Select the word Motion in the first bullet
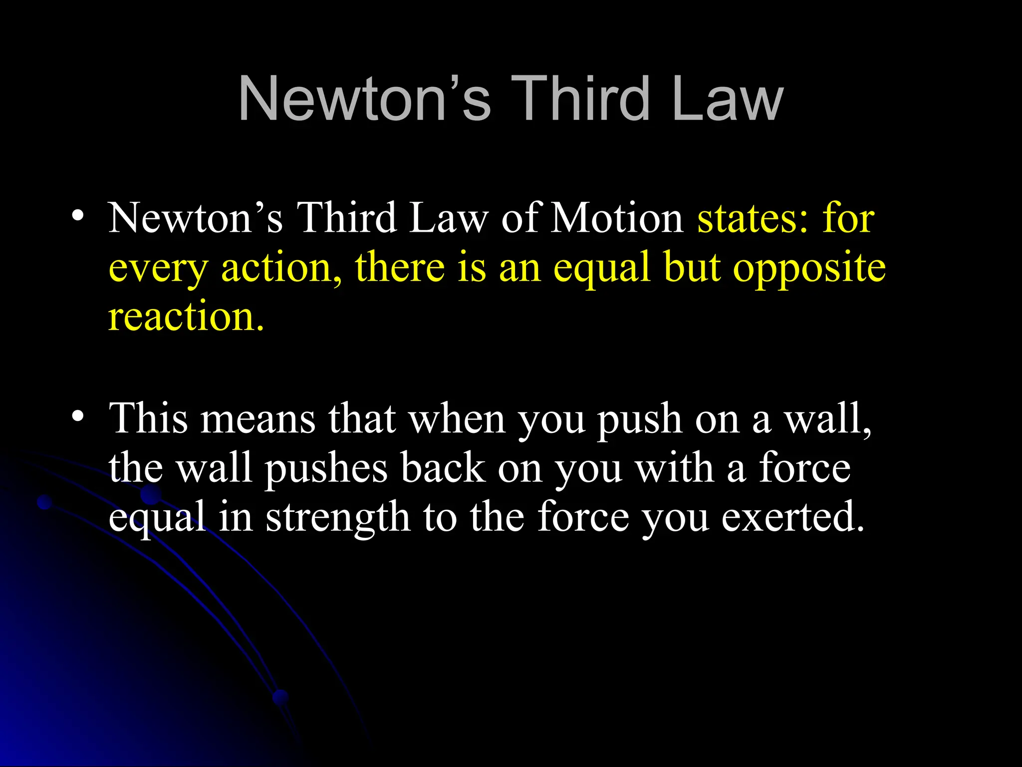(617, 218)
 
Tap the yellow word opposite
(809, 268)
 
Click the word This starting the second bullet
(149, 418)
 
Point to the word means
(257, 419)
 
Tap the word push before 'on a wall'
(639, 419)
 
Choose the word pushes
(326, 469)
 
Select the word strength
(338, 518)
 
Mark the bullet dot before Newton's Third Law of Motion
(77, 216)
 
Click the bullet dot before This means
(77, 415)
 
